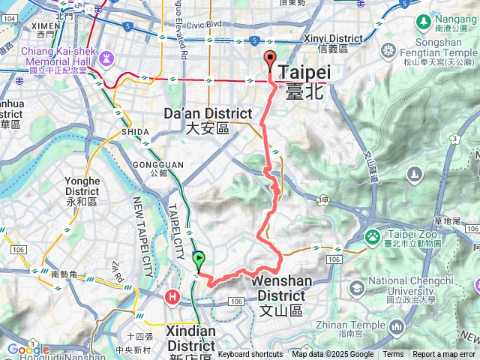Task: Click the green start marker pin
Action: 199,260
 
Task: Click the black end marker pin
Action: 271,61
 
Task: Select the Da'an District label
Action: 208,121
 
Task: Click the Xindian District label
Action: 191,338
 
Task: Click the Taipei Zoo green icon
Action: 373,237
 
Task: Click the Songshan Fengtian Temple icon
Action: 388,50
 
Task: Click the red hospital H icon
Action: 173,297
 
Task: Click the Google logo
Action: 28,349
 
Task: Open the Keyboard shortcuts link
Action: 250,355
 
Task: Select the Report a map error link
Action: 444,355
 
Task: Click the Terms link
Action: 393,355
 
